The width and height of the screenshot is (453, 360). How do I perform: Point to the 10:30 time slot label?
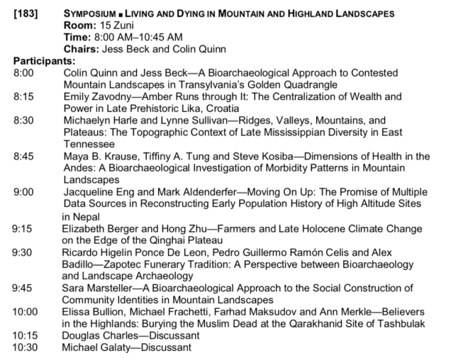[26, 347]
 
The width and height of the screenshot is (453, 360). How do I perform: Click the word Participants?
[42, 60]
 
